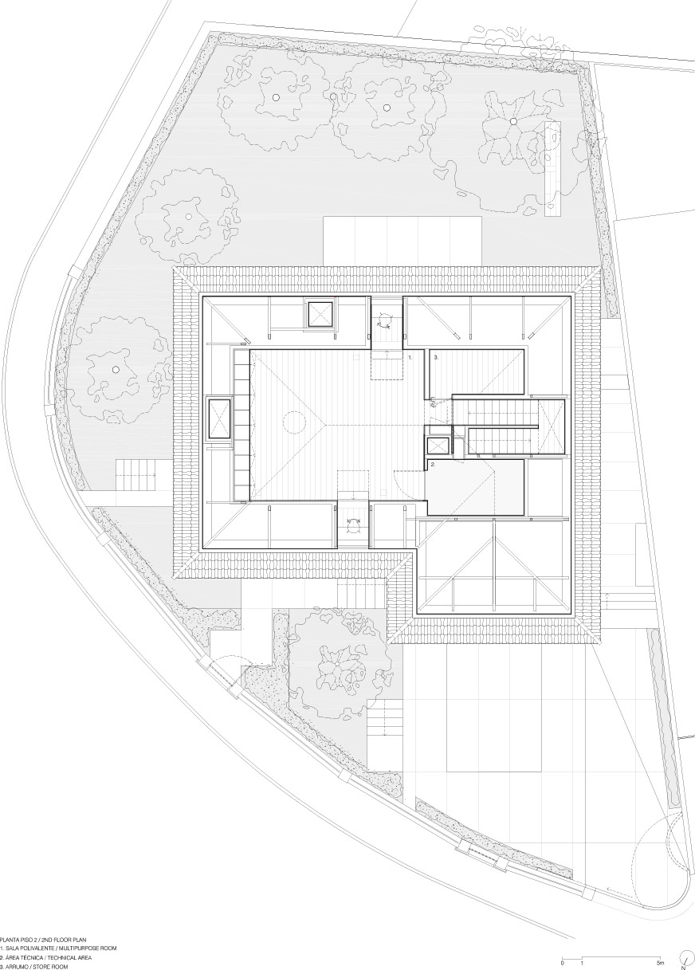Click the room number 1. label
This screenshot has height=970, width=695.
[x=410, y=358]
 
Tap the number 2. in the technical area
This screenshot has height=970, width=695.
[x=433, y=465]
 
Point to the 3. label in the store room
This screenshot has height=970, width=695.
[x=436, y=358]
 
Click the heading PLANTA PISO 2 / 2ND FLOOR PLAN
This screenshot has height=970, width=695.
[x=43, y=936]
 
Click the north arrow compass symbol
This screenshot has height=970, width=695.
[x=684, y=957]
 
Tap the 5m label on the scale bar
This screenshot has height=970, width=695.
[x=659, y=960]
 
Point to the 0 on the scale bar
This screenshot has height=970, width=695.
[x=563, y=960]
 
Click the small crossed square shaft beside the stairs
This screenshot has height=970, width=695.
[x=438, y=446]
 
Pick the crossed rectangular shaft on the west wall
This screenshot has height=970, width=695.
[x=219, y=419]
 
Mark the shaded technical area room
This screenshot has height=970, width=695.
[x=475, y=488]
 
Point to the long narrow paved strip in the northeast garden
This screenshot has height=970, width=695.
[x=552, y=168]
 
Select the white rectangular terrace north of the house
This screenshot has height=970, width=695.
[x=402, y=242]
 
